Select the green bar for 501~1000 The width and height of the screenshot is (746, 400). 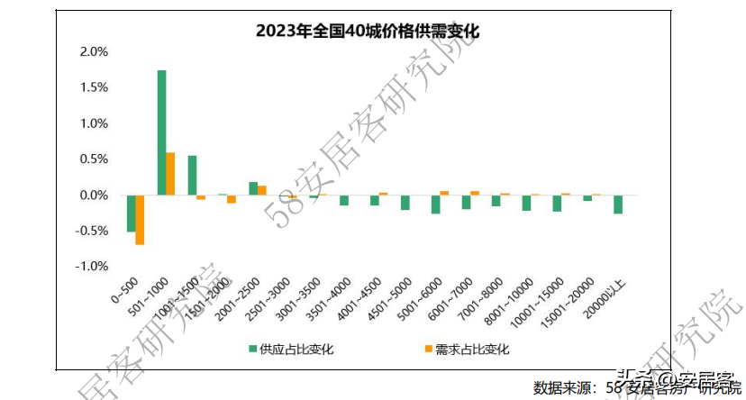(161, 132)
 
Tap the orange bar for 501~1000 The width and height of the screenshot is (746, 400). (170, 174)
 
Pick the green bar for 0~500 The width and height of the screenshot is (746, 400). (132, 214)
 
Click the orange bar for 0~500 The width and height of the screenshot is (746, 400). (140, 220)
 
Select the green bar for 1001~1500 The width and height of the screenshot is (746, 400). (192, 176)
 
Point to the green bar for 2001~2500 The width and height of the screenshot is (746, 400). (253, 188)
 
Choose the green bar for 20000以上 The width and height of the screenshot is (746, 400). (618, 205)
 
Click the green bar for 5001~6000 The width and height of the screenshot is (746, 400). (436, 205)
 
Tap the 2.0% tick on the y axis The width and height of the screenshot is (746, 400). (94, 51)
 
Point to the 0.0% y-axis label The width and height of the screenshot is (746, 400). (94, 195)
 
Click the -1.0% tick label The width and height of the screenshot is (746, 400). (92, 267)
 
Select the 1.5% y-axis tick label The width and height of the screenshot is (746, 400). (94, 87)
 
